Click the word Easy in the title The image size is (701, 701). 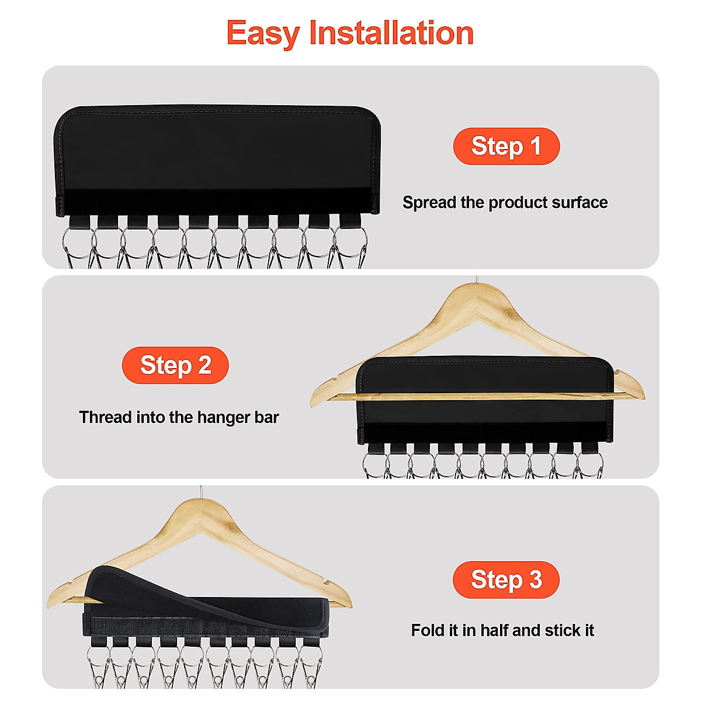point(262,33)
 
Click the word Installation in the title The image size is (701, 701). point(391,33)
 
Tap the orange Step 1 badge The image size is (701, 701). point(506,146)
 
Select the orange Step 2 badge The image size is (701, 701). point(175,365)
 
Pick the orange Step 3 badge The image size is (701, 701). point(506,579)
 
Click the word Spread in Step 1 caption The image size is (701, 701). point(429,203)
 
